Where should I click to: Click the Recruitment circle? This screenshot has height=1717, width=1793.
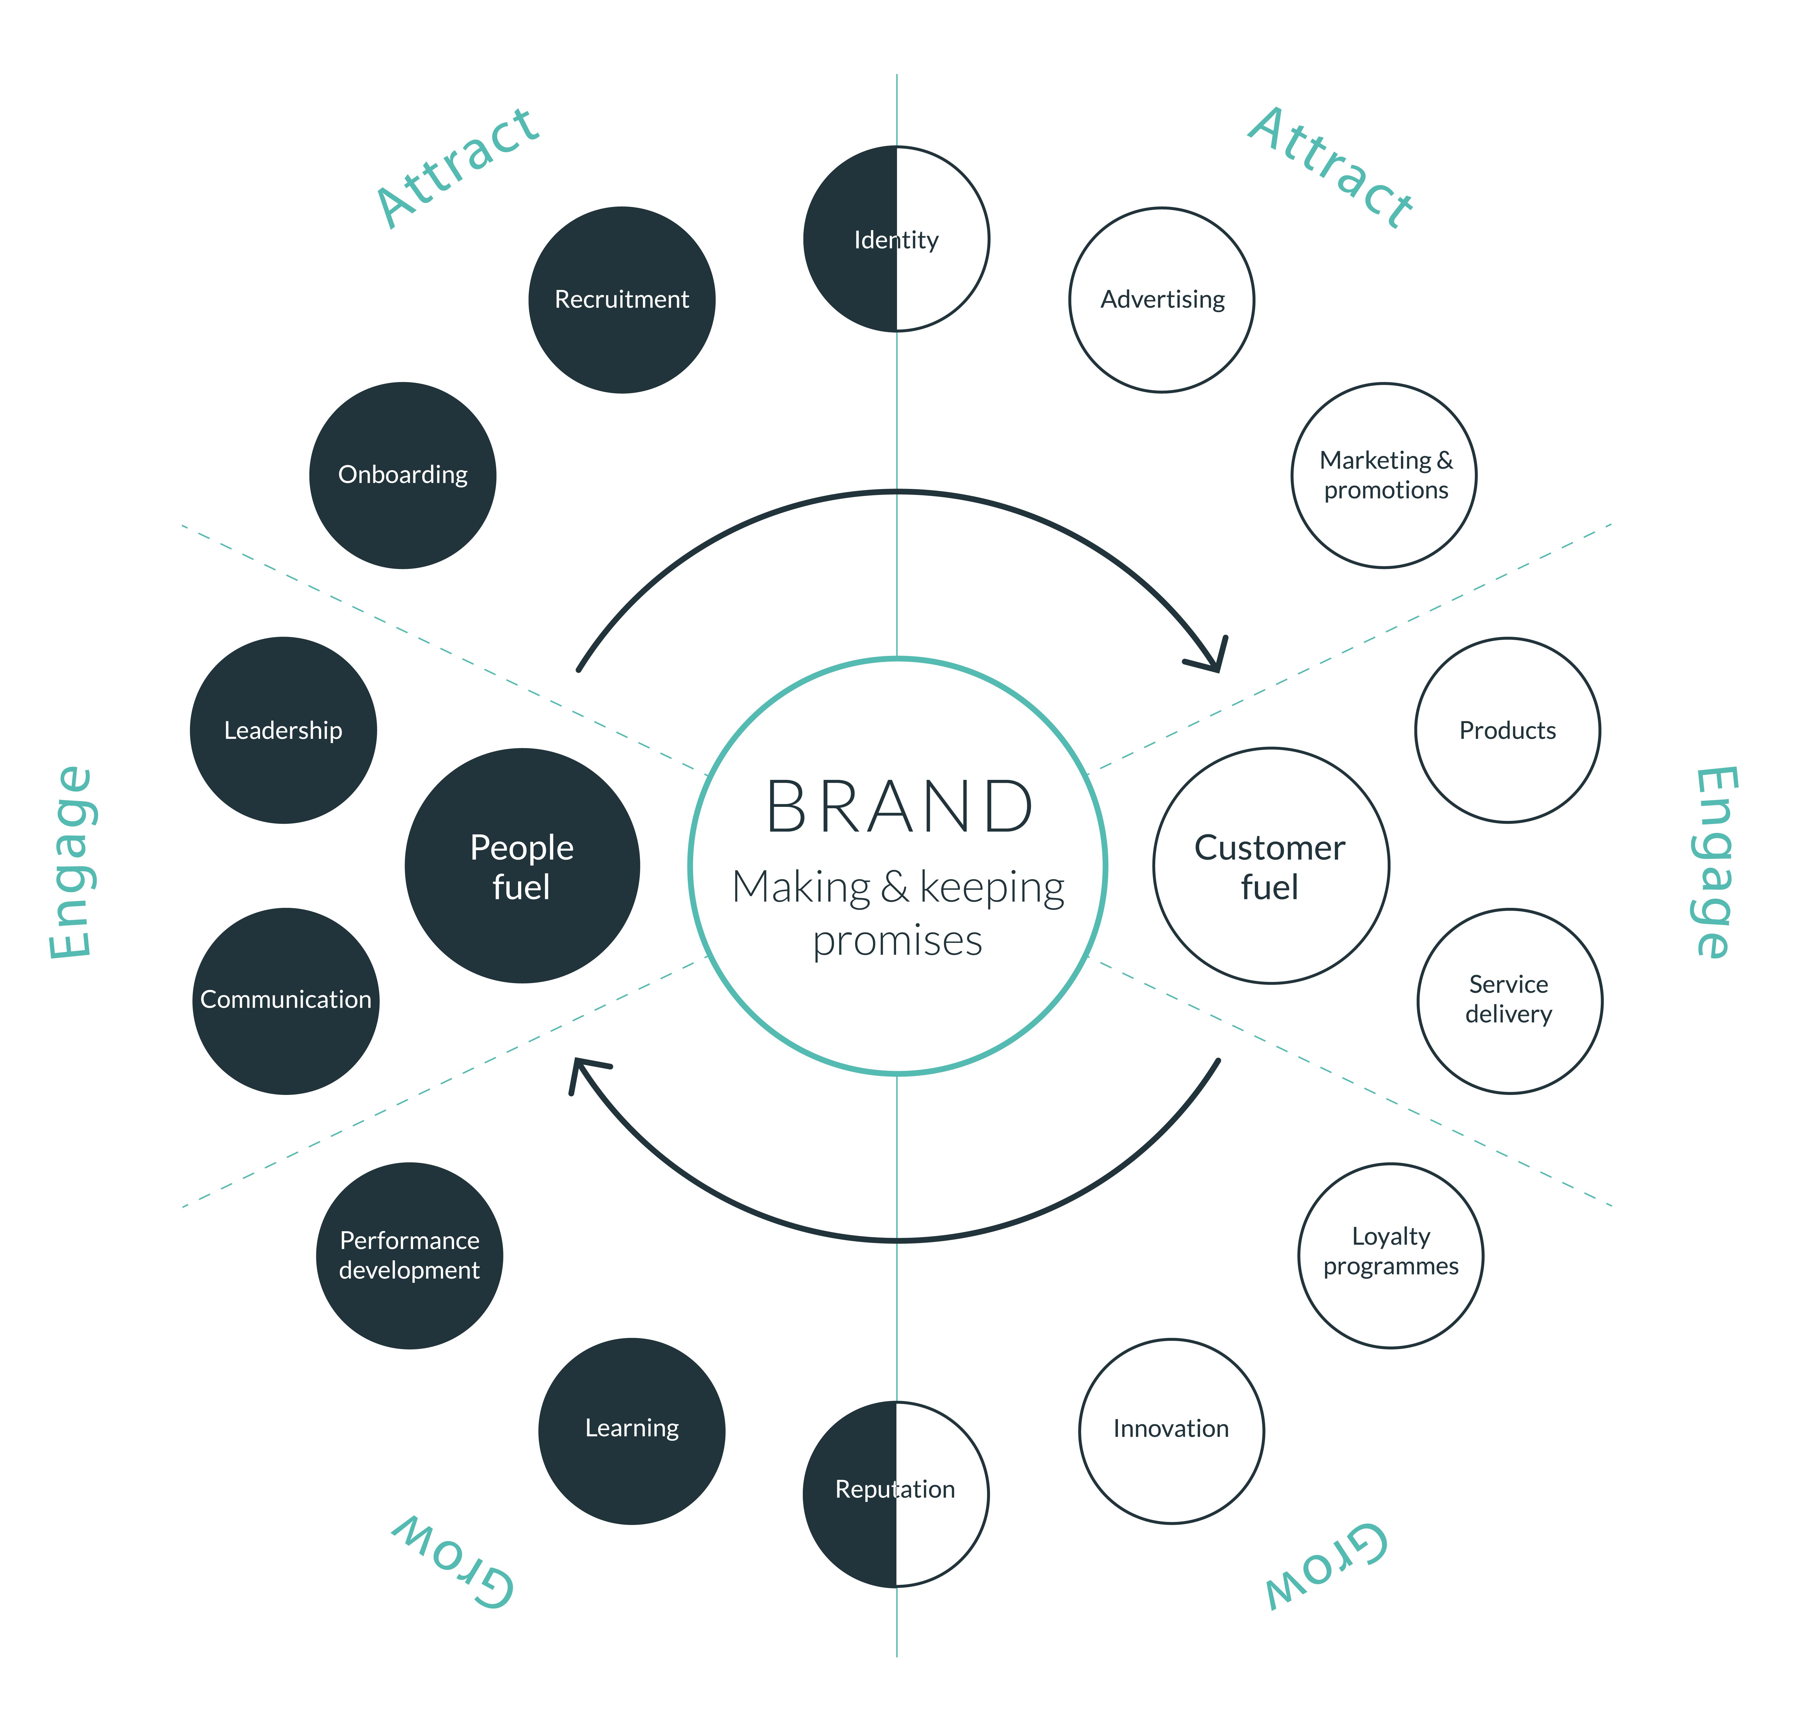622,300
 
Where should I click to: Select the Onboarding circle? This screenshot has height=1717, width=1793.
402,475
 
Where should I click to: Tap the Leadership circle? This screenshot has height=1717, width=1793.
284,730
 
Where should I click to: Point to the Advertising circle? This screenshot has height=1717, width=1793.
1162,300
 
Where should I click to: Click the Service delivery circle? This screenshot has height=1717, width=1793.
1509,1000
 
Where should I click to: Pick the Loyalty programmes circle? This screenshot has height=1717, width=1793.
1391,1255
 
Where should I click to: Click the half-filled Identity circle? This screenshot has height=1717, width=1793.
897,239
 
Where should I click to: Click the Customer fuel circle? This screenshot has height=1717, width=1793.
1271,865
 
